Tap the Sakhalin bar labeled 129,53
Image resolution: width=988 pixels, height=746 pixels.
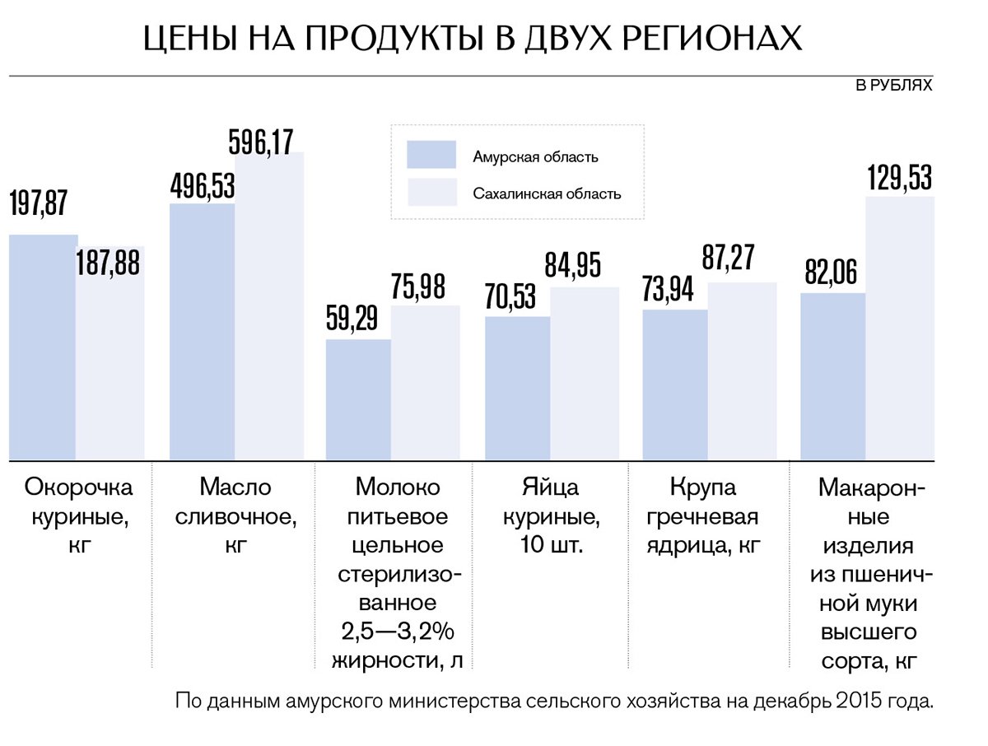tap(900, 329)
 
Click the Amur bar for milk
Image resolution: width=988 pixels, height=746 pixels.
tap(358, 399)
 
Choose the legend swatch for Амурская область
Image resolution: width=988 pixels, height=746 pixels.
tap(431, 155)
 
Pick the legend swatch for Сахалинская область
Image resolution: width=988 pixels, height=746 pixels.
tap(431, 193)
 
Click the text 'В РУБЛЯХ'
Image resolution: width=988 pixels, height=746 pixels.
tap(894, 85)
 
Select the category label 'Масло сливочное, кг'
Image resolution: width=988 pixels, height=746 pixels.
tap(235, 515)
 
